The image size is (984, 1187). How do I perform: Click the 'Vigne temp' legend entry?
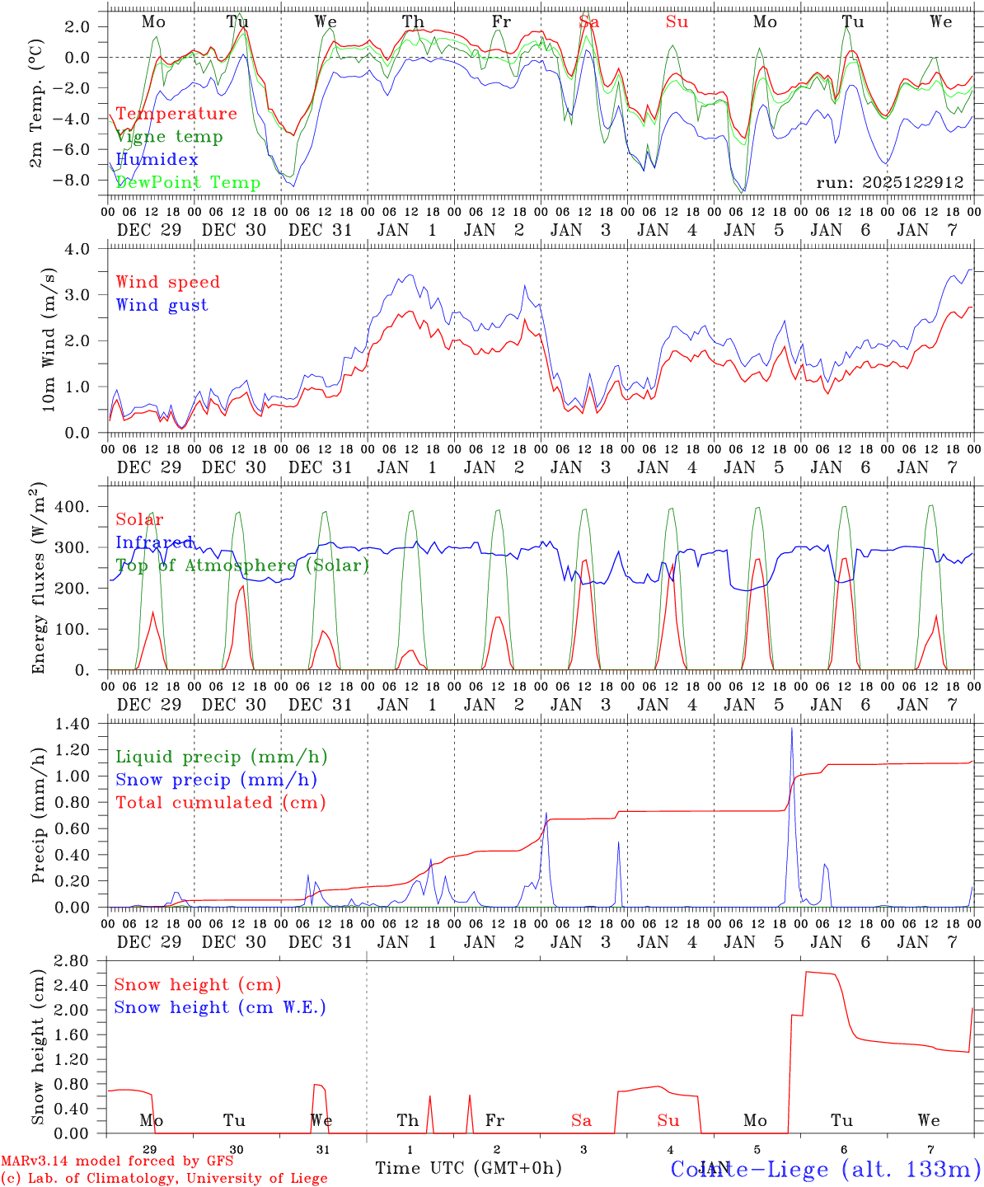pyautogui.click(x=169, y=137)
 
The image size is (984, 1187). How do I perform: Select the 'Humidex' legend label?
pyautogui.click(x=157, y=159)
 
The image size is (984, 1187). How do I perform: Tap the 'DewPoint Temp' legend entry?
pyautogui.click(x=188, y=182)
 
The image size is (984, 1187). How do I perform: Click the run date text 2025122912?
pyautogui.click(x=890, y=182)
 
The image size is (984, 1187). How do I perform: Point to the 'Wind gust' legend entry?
pyautogui.click(x=162, y=305)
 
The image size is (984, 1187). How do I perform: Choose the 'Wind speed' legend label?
pyautogui.click(x=168, y=282)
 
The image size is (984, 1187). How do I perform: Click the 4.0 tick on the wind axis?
pyautogui.click(x=82, y=249)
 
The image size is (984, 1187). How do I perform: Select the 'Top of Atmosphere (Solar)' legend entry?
pyautogui.click(x=242, y=565)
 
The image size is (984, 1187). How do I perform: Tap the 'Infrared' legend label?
pyautogui.click(x=155, y=542)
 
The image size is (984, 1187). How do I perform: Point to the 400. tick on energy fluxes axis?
pyautogui.click(x=71, y=507)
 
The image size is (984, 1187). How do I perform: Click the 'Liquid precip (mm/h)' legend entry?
pyautogui.click(x=221, y=757)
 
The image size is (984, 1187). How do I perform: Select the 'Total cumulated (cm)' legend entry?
pyautogui.click(x=221, y=802)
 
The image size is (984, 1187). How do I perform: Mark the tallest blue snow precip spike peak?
pyautogui.click(x=792, y=728)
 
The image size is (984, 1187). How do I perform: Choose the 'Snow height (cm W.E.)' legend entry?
pyautogui.click(x=220, y=1007)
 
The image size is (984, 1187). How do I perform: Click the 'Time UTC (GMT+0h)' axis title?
pyautogui.click(x=468, y=1167)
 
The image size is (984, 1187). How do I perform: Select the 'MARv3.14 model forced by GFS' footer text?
pyautogui.click(x=117, y=1161)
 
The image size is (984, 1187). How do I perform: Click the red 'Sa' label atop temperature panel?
pyautogui.click(x=588, y=22)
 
